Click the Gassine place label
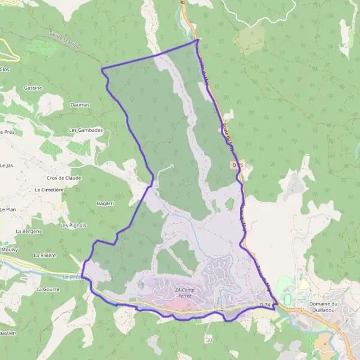(33, 88)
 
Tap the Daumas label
(80, 104)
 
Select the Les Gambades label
(86, 130)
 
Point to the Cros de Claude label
(63, 178)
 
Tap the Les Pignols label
(73, 226)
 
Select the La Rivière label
(45, 255)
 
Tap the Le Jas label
(7, 165)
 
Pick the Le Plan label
(8, 209)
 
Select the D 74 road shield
(266, 305)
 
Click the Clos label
(5, 70)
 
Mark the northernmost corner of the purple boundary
(197, 40)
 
